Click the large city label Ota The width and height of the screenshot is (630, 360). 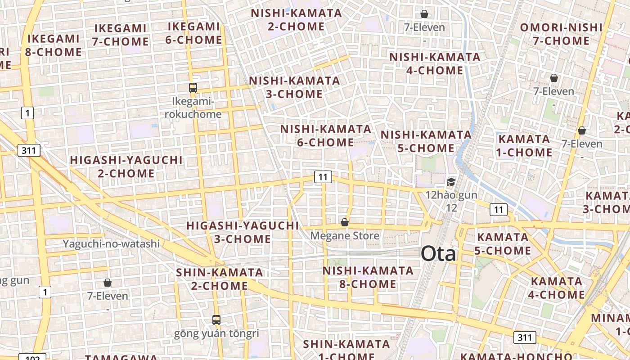pyautogui.click(x=438, y=254)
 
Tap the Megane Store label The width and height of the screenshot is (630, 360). pyautogui.click(x=345, y=236)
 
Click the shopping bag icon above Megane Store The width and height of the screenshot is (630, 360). pyautogui.click(x=345, y=222)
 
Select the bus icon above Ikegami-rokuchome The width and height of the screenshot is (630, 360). pyautogui.click(x=193, y=88)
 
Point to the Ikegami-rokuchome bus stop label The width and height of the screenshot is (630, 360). pyautogui.click(x=193, y=108)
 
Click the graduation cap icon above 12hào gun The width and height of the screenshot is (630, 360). pyautogui.click(x=451, y=182)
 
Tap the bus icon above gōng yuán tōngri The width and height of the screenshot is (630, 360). pyautogui.click(x=216, y=320)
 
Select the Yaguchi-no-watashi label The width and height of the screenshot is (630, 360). pyautogui.click(x=111, y=244)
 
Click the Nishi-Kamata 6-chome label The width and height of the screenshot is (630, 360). pyautogui.click(x=326, y=136)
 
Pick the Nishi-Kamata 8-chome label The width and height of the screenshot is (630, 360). pyautogui.click(x=368, y=277)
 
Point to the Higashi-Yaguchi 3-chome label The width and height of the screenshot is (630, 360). pyautogui.click(x=243, y=232)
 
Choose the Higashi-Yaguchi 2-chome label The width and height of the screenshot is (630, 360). pyautogui.click(x=126, y=166)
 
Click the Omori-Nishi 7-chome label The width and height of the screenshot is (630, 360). pyautogui.click(x=561, y=34)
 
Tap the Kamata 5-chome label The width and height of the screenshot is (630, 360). pyautogui.click(x=503, y=243)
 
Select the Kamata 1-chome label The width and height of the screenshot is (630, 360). pyautogui.click(x=524, y=145)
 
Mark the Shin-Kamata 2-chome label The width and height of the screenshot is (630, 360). pyautogui.click(x=220, y=279)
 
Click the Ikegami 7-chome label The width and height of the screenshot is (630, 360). pyautogui.click(x=121, y=35)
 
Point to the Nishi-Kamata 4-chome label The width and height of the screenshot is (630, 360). pyautogui.click(x=435, y=64)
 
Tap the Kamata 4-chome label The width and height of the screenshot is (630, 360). pyautogui.click(x=557, y=288)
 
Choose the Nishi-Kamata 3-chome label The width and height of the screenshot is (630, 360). pyautogui.click(x=294, y=87)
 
